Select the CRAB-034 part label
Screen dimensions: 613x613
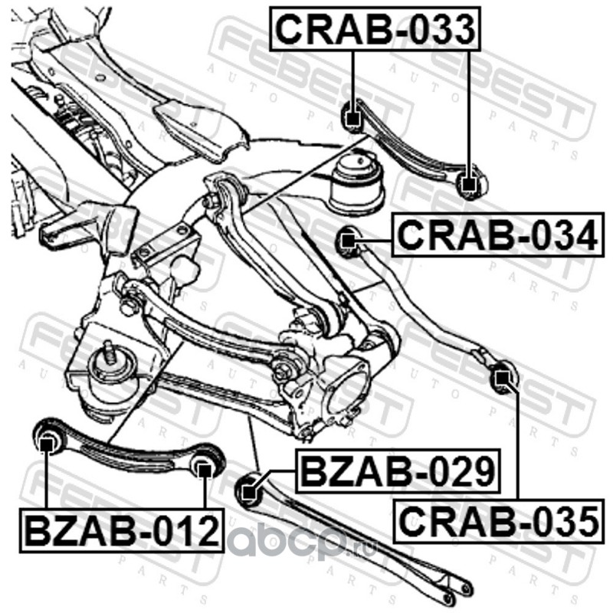496,237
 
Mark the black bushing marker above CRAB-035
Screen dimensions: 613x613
502,377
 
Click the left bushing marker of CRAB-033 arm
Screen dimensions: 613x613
352,118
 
